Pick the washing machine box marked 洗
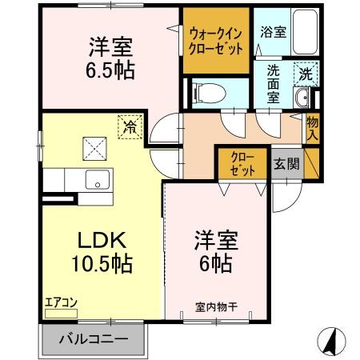click(x=305, y=74)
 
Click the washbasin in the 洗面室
click(x=302, y=99)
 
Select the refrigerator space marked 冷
click(x=130, y=125)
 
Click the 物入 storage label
click(x=313, y=128)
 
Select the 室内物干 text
click(x=215, y=305)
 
